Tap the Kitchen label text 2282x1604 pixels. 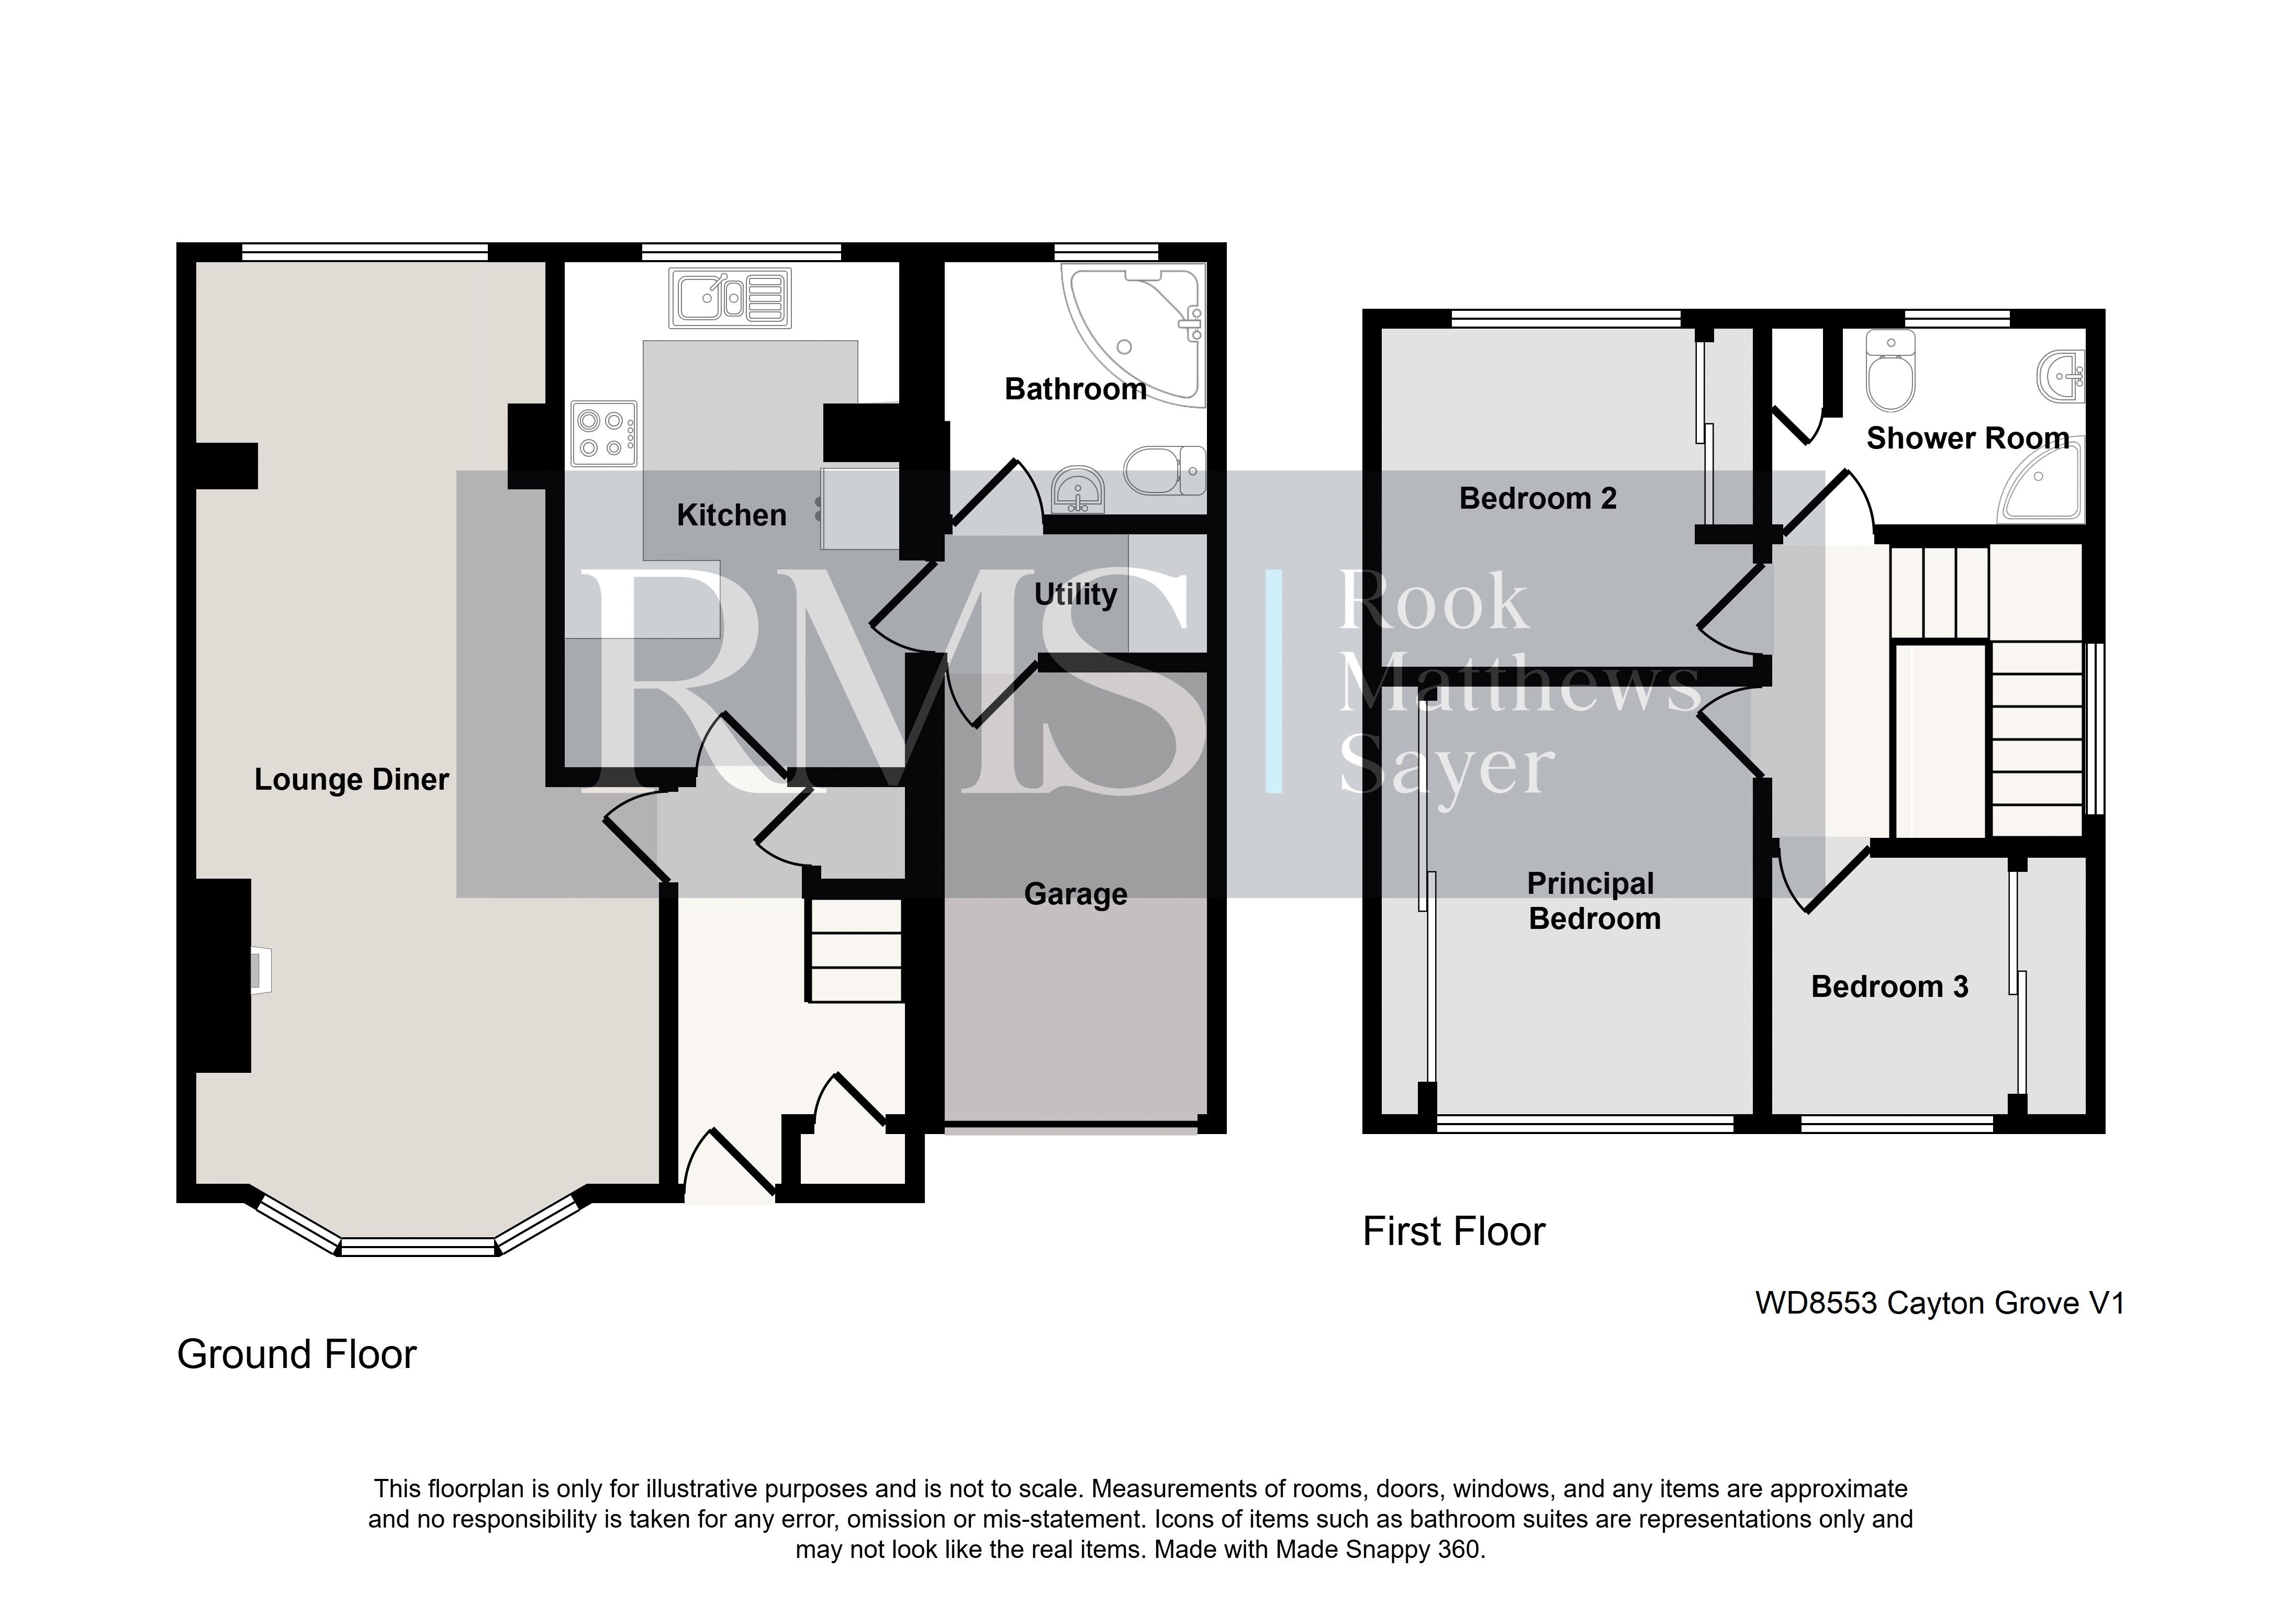point(732,515)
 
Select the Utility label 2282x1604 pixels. point(1076,595)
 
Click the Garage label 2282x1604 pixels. point(1076,894)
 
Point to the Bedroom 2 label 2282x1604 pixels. point(1538,498)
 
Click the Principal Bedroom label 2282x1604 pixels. point(1593,901)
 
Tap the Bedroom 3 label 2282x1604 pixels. point(1889,987)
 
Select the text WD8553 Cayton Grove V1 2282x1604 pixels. point(1940,1303)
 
